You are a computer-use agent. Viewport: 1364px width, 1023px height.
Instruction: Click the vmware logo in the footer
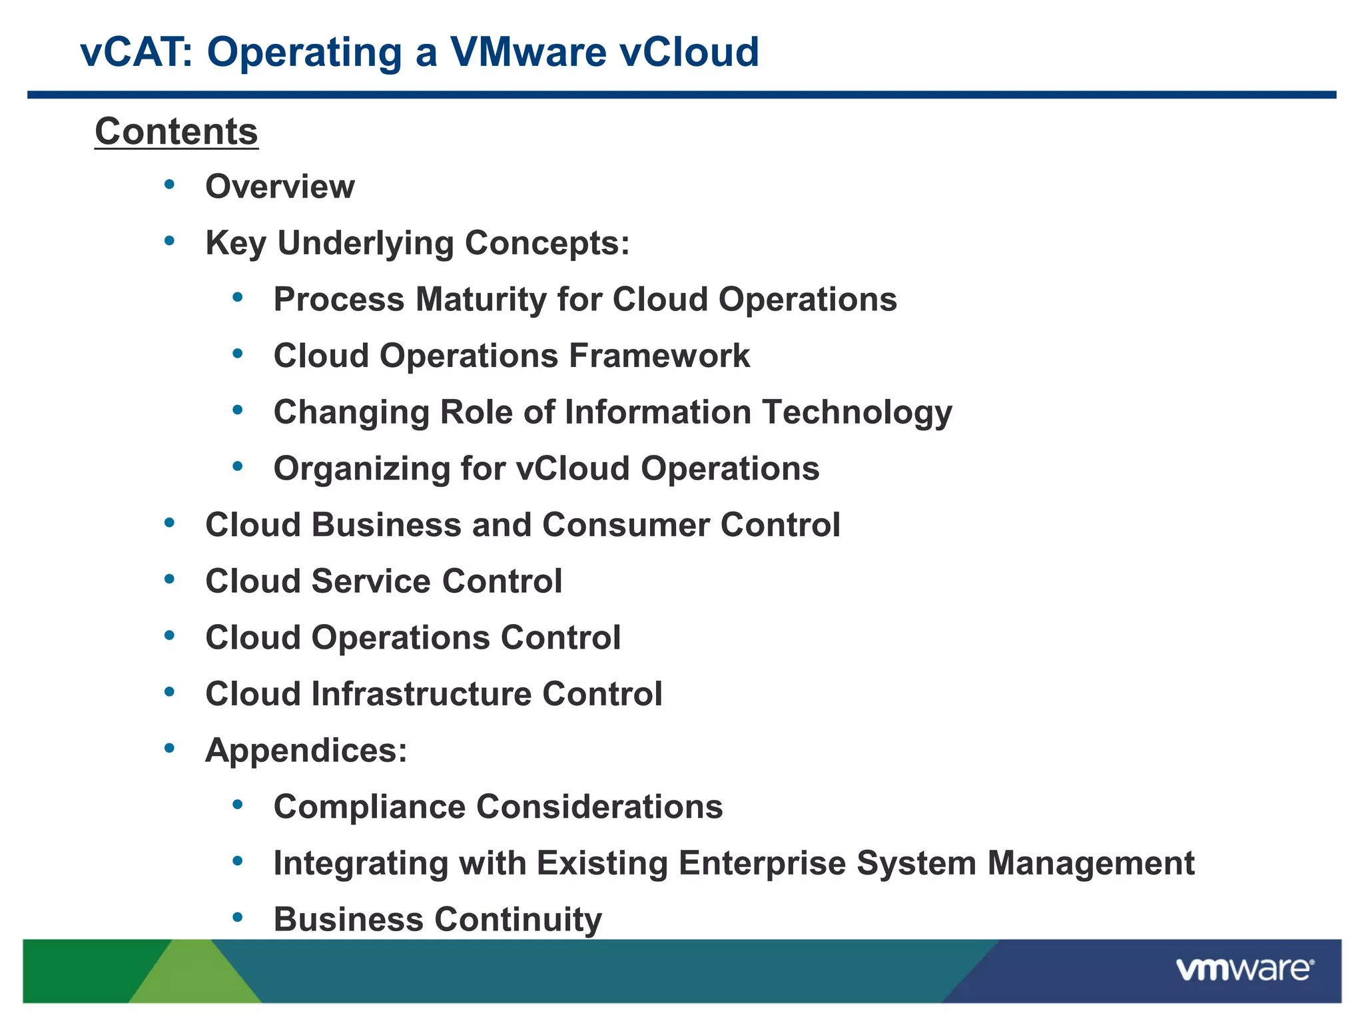(1245, 969)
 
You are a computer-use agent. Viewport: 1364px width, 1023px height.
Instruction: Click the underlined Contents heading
(176, 131)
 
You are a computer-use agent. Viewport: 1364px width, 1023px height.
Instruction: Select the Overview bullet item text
(280, 186)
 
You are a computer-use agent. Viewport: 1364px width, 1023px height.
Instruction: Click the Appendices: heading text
(306, 751)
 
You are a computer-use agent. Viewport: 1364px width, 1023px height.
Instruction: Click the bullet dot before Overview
(170, 184)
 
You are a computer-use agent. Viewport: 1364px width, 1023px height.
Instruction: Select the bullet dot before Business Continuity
(238, 918)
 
